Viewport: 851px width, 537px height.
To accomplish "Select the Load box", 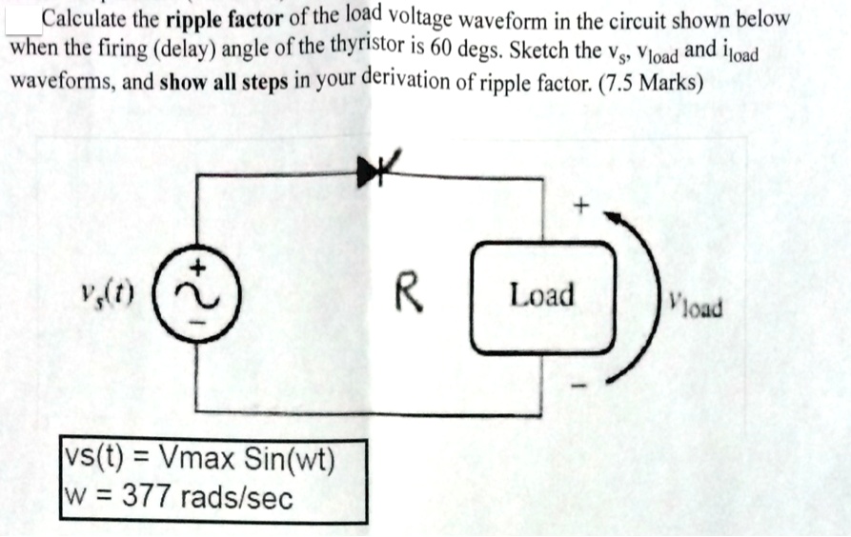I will [540, 296].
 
